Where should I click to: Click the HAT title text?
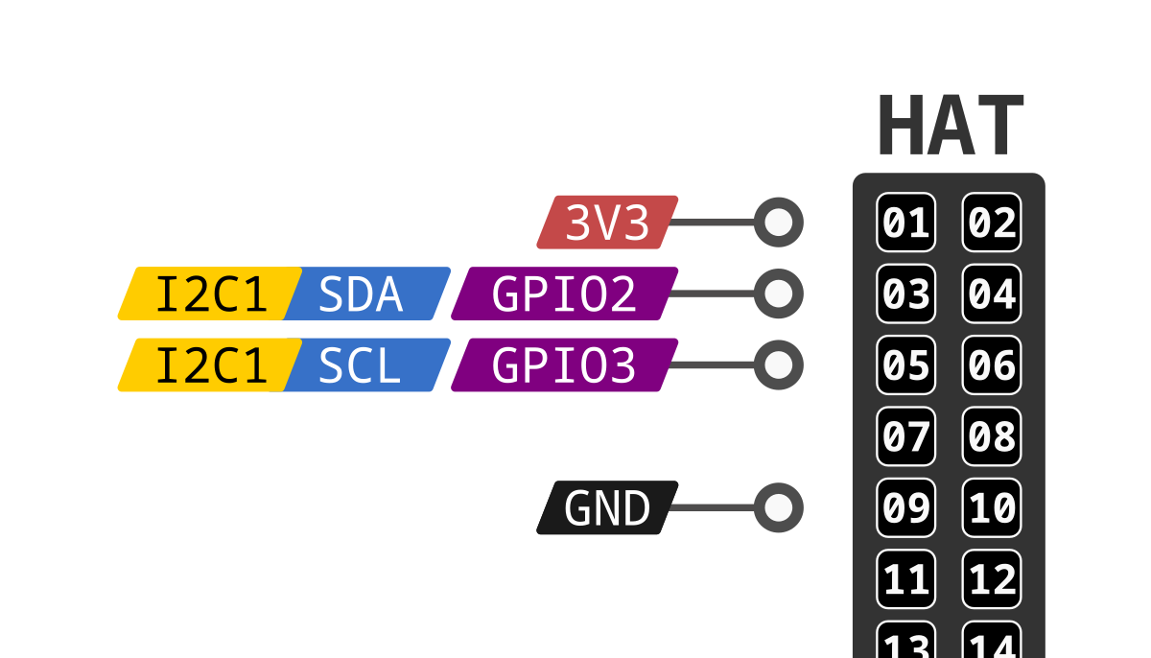coord(950,128)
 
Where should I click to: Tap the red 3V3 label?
coord(607,223)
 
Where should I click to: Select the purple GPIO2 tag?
coord(564,294)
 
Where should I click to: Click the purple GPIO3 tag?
coord(564,365)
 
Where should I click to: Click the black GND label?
coord(607,507)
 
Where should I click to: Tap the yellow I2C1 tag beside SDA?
coord(210,294)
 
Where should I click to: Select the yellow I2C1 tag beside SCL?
coord(210,365)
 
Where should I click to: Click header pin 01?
coord(906,223)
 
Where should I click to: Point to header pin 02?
coord(992,223)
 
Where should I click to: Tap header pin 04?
coord(992,294)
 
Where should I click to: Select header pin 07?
coord(906,436)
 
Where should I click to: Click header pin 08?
coord(992,436)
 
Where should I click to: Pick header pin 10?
coord(992,507)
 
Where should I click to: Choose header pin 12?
coord(992,579)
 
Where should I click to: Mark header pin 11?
coord(906,579)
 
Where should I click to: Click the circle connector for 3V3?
coord(779,223)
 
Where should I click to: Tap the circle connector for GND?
coord(779,507)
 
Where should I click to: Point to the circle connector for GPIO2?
coord(779,294)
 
